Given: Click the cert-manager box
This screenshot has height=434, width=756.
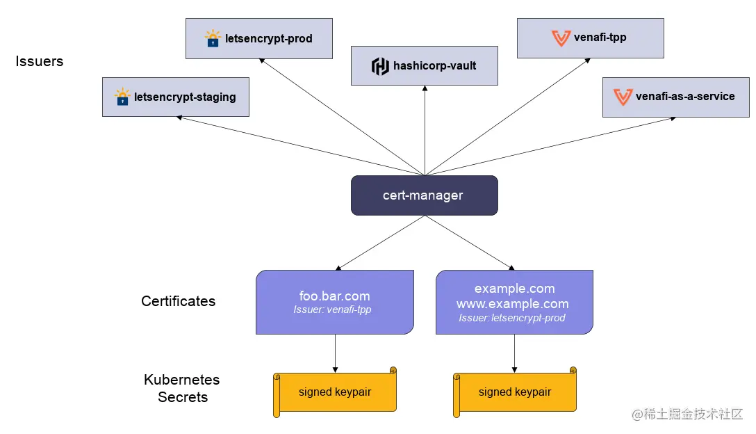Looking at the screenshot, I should [424, 195].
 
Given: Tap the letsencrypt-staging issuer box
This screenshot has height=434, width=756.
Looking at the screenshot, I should [175, 97].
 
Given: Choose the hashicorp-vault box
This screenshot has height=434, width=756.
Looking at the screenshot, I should [424, 66].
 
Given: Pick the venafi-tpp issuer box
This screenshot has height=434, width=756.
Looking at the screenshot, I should [590, 38].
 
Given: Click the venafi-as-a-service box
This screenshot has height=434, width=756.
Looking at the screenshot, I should [675, 97].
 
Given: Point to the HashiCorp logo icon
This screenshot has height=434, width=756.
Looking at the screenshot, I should [380, 66].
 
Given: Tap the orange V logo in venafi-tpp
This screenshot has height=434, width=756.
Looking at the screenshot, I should [560, 38].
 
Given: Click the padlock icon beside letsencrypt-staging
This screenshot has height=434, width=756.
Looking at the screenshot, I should [122, 97].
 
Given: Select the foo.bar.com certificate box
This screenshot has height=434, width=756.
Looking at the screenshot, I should [335, 302].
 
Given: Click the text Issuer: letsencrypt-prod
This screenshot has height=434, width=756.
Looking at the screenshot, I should [512, 318].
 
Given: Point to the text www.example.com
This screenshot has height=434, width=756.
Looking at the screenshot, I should [513, 303].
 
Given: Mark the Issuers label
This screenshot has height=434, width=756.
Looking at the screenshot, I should [40, 61].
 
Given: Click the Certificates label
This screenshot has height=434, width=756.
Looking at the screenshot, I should [178, 301].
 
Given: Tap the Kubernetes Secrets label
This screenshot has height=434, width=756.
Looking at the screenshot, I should [182, 389].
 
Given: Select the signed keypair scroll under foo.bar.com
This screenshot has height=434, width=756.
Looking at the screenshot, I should [335, 392].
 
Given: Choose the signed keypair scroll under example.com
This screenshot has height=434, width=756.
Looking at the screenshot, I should [515, 392].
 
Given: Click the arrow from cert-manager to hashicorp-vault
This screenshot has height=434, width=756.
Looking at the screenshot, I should [424, 132].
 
